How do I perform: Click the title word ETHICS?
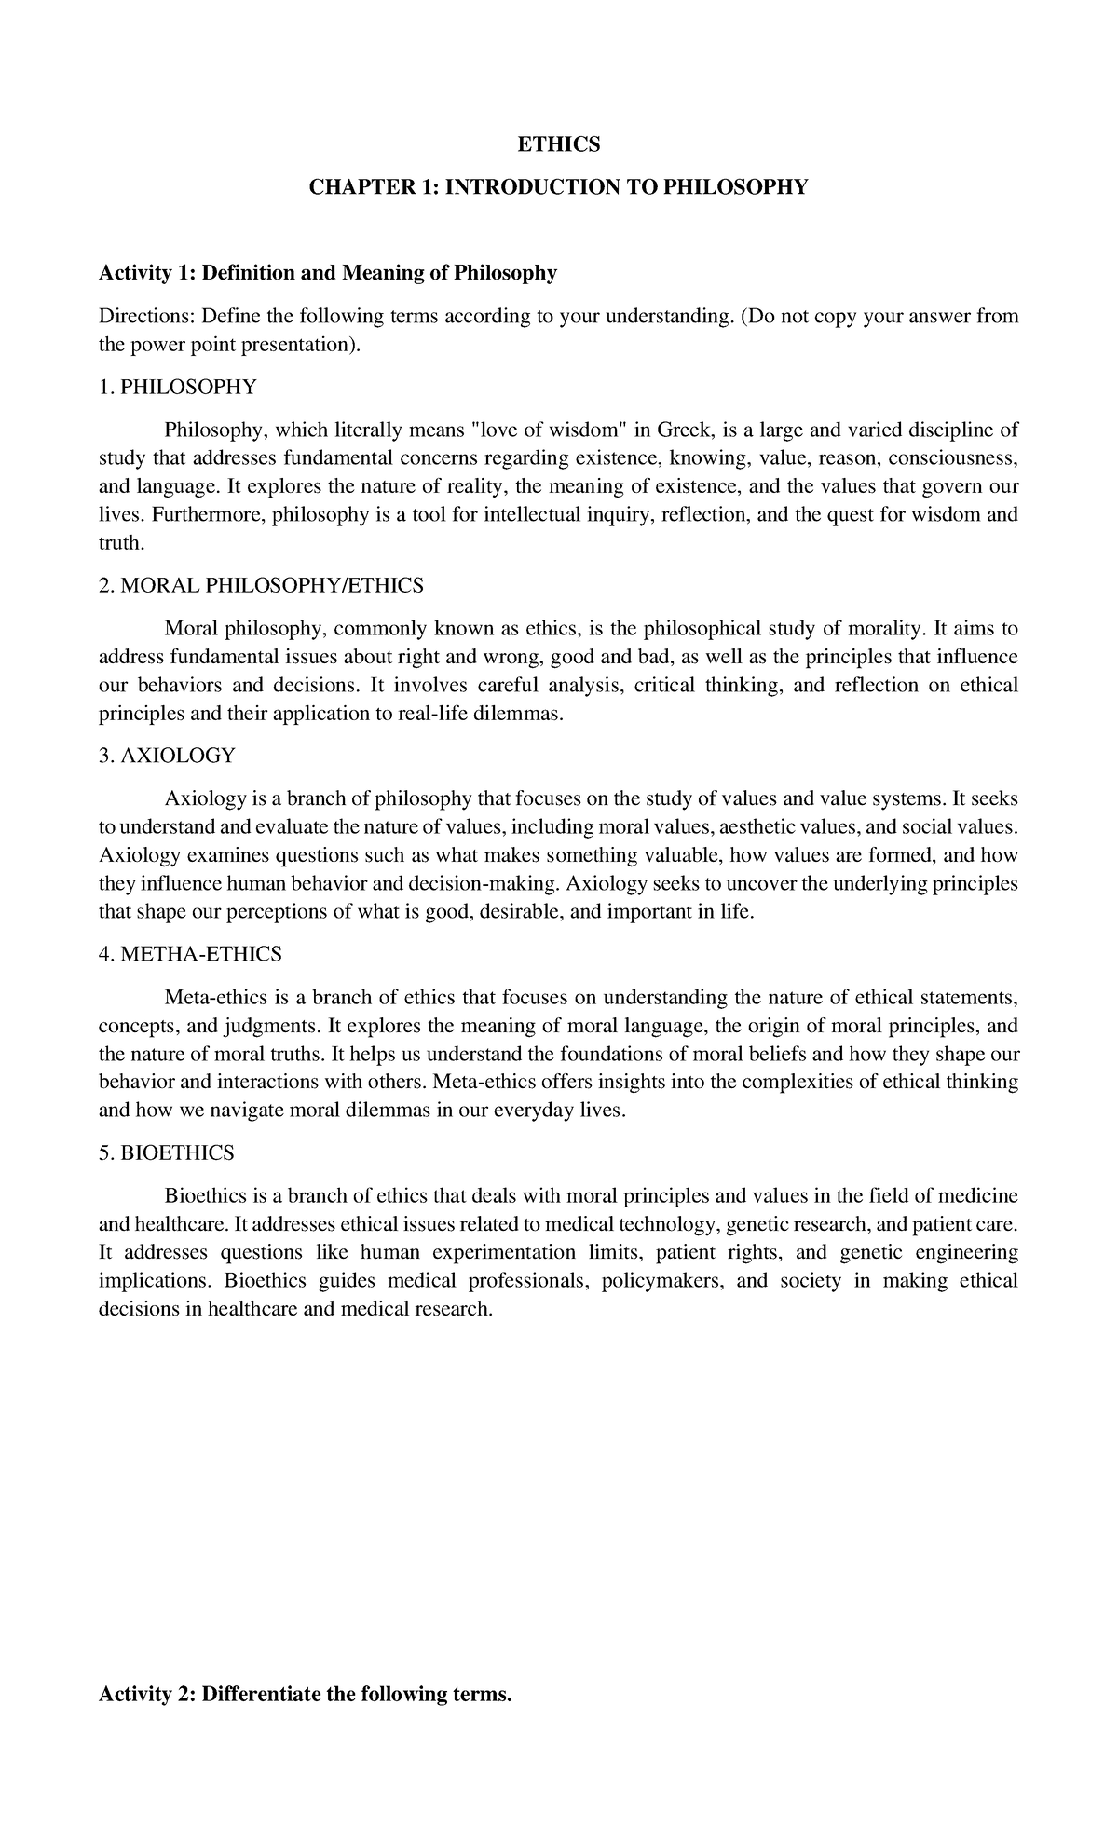(559, 144)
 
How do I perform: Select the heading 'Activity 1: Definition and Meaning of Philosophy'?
(328, 273)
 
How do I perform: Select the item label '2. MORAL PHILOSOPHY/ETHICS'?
(261, 585)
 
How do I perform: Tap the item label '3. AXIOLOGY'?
(167, 756)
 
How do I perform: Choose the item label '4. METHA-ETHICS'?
(190, 954)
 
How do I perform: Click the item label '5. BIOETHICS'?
(167, 1152)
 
